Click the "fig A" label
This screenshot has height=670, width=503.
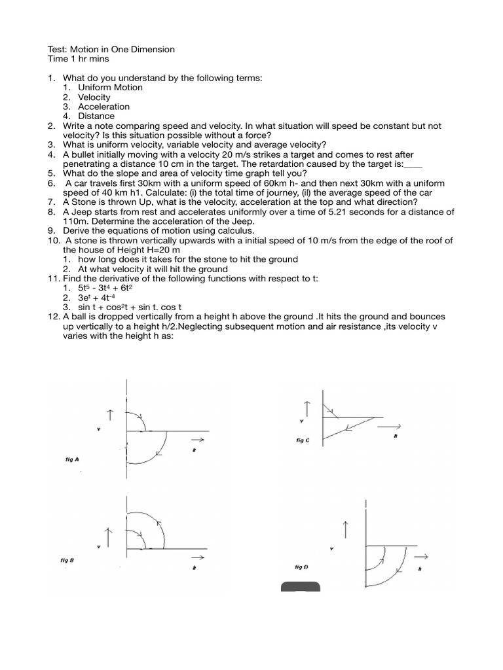[x=72, y=460]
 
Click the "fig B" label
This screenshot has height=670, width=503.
[x=67, y=560]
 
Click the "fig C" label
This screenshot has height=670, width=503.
[x=303, y=440]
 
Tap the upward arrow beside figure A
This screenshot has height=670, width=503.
[x=109, y=414]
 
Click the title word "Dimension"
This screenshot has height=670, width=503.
[x=153, y=49]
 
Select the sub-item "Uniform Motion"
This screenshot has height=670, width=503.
[x=110, y=87]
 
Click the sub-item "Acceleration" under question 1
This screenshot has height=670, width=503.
[x=103, y=106]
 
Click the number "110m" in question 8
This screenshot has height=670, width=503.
[x=75, y=221]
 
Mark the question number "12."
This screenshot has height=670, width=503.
[x=53, y=317]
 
